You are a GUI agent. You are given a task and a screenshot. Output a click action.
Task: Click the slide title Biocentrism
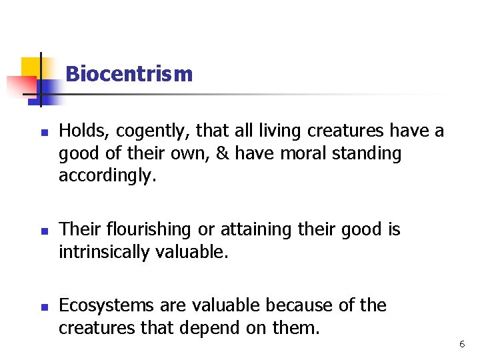coord(129,73)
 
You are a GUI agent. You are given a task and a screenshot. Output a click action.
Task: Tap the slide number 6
coord(462,344)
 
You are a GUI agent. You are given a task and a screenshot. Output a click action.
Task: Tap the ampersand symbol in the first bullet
coord(223,153)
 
